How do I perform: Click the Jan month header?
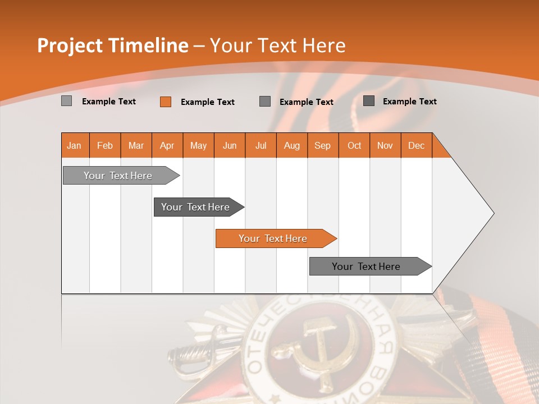[75, 145]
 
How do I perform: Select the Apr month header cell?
[167, 145]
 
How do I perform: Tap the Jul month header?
[261, 145]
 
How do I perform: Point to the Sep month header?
[322, 145]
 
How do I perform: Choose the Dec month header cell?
[416, 145]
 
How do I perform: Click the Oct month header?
[354, 145]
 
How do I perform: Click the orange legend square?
[165, 102]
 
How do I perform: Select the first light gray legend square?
[66, 101]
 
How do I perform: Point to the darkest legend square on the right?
[369, 101]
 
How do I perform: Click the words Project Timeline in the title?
[112, 45]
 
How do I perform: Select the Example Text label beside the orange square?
[207, 102]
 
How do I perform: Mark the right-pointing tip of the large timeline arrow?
[492, 213]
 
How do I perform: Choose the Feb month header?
[105, 145]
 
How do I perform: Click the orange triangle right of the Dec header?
[440, 150]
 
